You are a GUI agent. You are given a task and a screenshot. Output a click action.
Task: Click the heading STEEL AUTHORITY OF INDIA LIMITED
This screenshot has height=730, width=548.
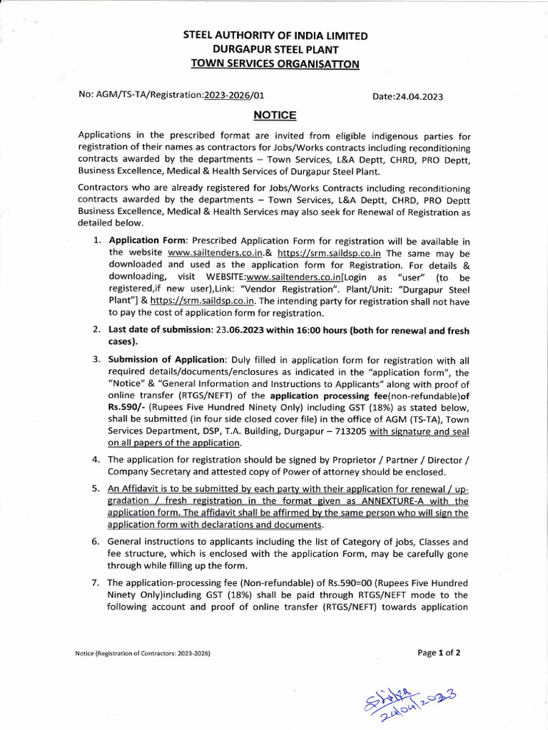(275, 36)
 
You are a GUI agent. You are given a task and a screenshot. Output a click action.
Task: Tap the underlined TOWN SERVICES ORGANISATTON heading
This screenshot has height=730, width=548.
(275, 64)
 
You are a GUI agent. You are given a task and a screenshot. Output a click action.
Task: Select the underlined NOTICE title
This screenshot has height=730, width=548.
(275, 115)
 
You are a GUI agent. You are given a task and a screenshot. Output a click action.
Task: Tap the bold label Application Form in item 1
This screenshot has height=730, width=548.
(148, 240)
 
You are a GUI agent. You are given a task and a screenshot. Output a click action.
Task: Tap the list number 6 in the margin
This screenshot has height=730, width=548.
(95, 542)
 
